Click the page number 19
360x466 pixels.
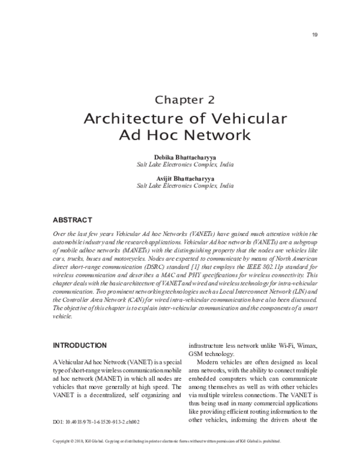click(x=314, y=34)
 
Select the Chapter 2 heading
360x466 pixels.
click(x=185, y=100)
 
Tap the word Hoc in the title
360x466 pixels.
click(x=161, y=135)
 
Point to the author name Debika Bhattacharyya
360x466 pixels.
click(x=185, y=156)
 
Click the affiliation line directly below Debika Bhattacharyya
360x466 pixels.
click(x=185, y=164)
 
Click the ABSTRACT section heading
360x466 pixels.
click(x=73, y=220)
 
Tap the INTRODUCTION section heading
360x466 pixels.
click(x=80, y=345)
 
